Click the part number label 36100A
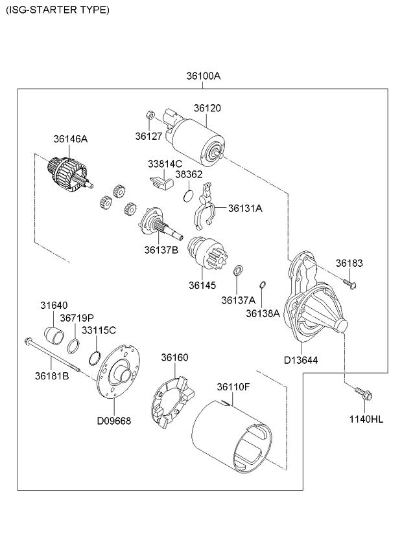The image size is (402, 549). (203, 76)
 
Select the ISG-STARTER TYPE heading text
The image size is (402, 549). (58, 10)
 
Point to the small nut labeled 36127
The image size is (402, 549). (149, 115)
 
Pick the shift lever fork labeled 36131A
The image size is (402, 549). (205, 207)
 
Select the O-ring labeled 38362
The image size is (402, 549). (189, 196)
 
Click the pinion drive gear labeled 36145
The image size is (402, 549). (207, 252)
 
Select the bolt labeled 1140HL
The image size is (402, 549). (363, 394)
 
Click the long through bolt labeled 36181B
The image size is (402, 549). (53, 354)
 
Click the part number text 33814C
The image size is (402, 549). (165, 163)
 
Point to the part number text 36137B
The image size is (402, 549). (161, 250)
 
